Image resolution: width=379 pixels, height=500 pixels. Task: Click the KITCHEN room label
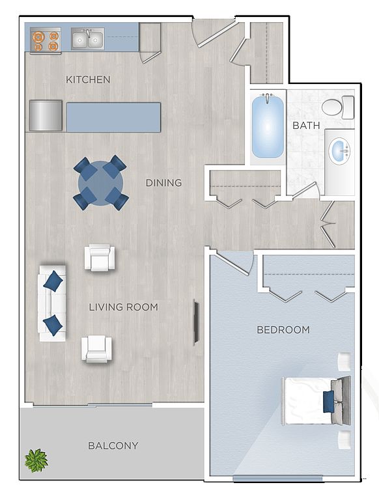point(88,79)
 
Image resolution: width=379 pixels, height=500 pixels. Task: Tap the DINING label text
point(163,183)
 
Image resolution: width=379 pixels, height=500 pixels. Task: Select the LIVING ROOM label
point(124,307)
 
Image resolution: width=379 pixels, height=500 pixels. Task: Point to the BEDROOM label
point(283,329)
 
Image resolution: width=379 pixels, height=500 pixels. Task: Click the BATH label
point(306,125)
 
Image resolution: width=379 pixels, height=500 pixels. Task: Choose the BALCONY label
point(113,445)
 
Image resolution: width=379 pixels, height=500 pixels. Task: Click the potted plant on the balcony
point(36,460)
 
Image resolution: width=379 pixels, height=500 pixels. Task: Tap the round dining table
point(101,183)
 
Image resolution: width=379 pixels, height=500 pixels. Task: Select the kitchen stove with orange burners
point(46,40)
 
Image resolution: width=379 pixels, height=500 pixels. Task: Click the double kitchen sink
point(87,39)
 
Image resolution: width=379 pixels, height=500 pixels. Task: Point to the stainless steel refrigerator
point(46,115)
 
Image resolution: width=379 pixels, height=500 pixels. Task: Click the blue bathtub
point(268,127)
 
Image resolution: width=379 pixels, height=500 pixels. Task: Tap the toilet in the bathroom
point(338,107)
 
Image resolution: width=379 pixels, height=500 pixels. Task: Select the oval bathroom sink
point(339,151)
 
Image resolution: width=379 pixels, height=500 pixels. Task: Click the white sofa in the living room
point(52,303)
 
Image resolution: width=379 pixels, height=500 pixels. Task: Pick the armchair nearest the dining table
point(100,258)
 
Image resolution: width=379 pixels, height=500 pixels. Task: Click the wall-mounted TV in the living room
point(196,322)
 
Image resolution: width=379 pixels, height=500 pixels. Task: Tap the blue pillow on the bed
point(329,402)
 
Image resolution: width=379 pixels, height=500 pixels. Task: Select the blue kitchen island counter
point(113,117)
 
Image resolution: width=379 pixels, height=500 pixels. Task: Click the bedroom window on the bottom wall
point(277,479)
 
